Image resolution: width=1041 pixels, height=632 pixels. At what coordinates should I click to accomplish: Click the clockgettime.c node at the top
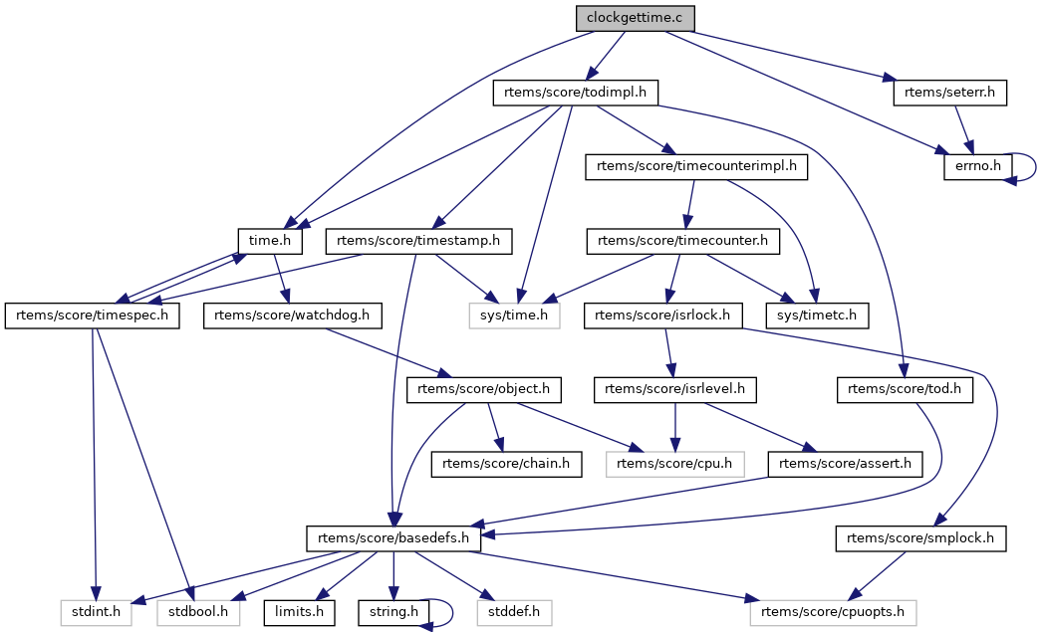pyautogui.click(x=634, y=18)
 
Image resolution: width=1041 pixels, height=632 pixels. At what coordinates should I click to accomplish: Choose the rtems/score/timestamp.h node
pyautogui.click(x=419, y=241)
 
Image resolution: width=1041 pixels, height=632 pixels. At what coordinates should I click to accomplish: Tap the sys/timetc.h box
pyautogui.click(x=817, y=316)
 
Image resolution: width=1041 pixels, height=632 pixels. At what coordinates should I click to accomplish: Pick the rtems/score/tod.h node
pyautogui.click(x=904, y=389)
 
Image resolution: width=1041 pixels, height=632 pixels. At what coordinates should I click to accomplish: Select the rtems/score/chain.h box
pyautogui.click(x=506, y=463)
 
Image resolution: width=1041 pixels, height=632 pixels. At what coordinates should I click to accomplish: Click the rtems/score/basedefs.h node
pyautogui.click(x=394, y=538)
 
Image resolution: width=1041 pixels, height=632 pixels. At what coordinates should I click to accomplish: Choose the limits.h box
pyautogui.click(x=300, y=611)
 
